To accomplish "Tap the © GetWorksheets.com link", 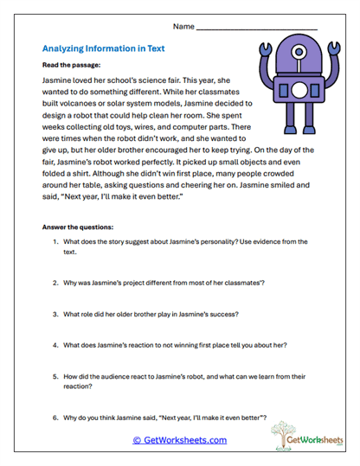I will [179, 440].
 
